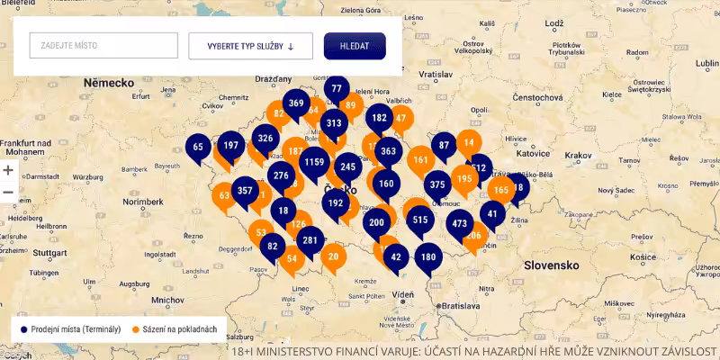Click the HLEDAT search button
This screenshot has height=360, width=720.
point(355,46)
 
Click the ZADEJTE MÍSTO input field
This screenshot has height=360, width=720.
point(103,46)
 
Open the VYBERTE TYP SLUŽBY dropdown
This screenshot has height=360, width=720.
point(250,46)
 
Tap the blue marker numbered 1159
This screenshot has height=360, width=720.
point(315,163)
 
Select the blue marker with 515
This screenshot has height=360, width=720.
point(420,220)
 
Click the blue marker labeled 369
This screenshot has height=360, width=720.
point(296,103)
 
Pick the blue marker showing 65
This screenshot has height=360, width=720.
point(199,148)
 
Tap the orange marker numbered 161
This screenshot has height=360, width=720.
point(420,161)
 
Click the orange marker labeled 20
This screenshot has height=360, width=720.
point(334,256)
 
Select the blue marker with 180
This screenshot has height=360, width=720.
point(428,257)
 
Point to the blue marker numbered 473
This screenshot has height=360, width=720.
point(460,223)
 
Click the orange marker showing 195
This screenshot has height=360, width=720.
point(464,179)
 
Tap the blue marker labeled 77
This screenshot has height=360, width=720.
point(337,90)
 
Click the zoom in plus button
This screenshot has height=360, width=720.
point(8,170)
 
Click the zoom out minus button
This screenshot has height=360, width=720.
point(8,193)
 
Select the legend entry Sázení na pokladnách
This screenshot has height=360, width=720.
point(175,329)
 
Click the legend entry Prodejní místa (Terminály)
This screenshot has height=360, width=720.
point(70,329)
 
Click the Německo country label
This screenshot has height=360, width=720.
point(108,82)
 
